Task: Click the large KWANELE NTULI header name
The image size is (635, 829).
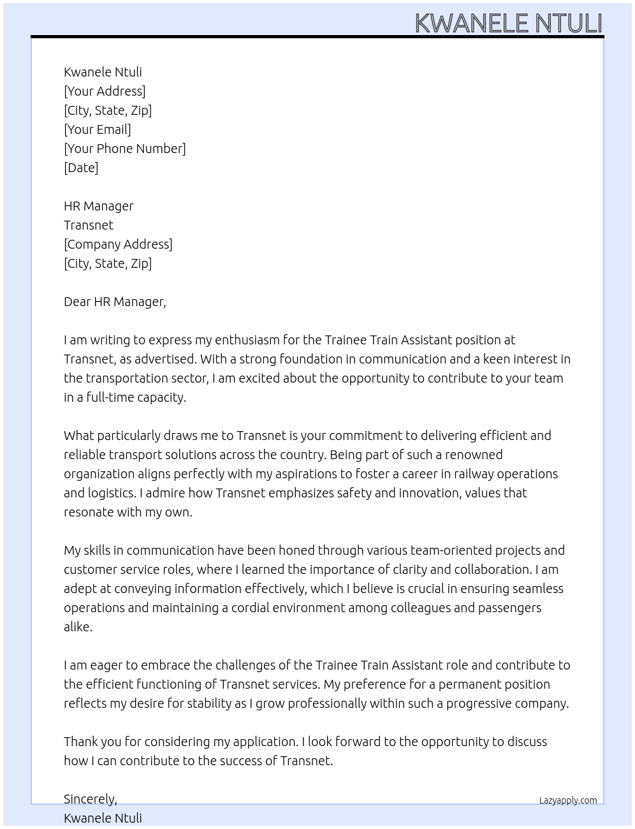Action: tap(508, 23)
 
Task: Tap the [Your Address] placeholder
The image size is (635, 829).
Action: tap(105, 91)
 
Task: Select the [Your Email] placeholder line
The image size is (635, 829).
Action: tap(98, 129)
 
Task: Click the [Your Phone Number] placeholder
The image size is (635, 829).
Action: tap(125, 149)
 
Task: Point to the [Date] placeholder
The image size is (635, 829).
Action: tap(81, 168)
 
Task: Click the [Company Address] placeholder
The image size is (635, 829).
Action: tap(118, 244)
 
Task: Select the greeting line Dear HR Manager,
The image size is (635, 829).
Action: tap(115, 302)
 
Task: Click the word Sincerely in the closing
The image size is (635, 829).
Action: tap(89, 799)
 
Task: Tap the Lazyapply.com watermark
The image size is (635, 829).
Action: tap(568, 800)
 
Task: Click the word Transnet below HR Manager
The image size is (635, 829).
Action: tap(89, 225)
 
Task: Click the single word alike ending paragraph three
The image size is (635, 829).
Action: tap(78, 627)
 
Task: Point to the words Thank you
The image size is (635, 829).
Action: tap(89, 742)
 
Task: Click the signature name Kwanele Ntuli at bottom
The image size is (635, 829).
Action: tap(103, 818)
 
